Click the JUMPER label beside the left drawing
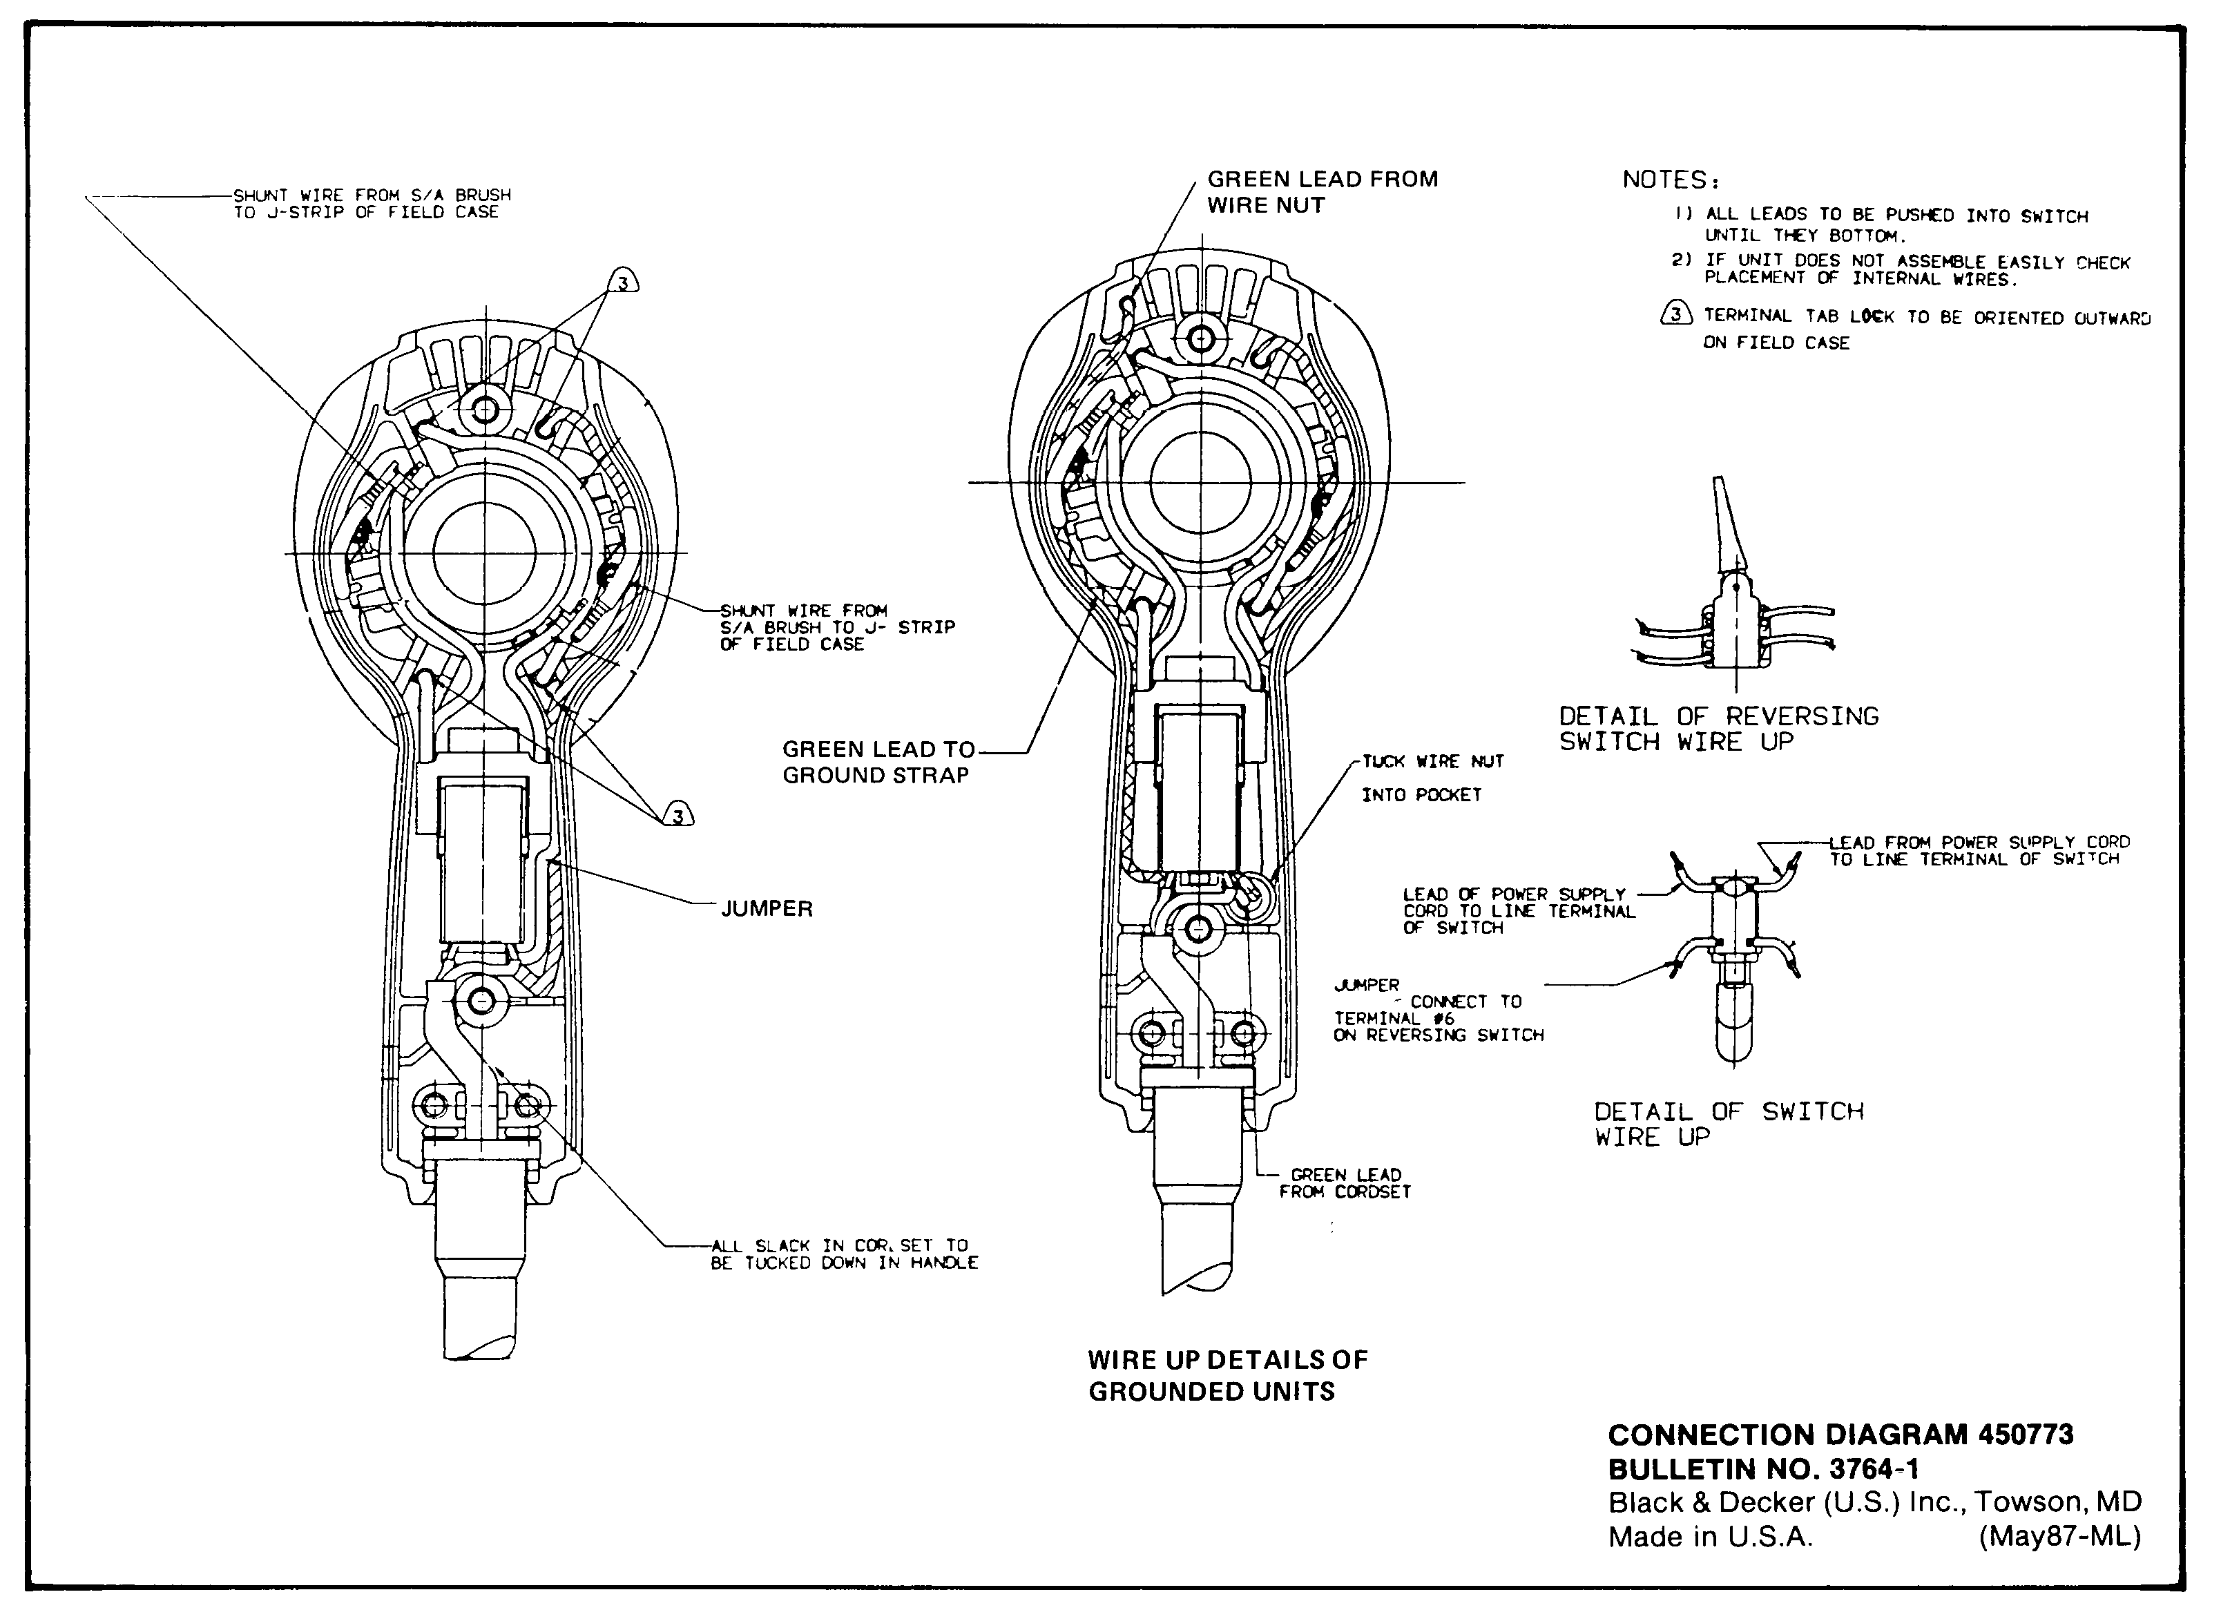[x=767, y=909]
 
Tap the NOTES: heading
[x=1671, y=180]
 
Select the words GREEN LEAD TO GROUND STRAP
[x=878, y=762]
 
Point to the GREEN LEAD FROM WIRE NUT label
[x=1322, y=192]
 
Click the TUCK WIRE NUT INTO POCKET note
[x=1432, y=778]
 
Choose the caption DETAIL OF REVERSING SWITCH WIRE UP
[x=1719, y=729]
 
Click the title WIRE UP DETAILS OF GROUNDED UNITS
[x=1227, y=1375]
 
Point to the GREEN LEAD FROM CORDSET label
[x=1345, y=1183]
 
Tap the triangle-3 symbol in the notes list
[x=1677, y=314]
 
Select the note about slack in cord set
[x=844, y=1254]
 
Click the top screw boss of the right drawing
[x=1200, y=340]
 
